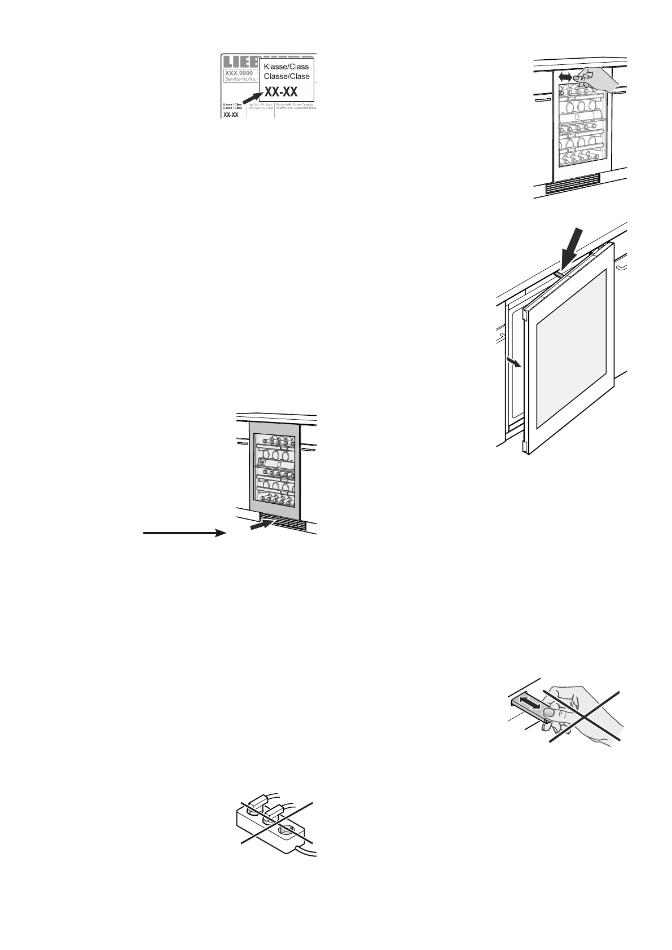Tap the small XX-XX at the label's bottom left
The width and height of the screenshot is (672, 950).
point(231,115)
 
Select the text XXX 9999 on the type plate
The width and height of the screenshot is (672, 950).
point(239,73)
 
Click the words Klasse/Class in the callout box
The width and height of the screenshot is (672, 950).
point(287,67)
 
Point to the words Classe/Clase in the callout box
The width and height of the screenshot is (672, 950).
point(287,76)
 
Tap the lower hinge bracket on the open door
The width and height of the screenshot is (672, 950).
point(526,447)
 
